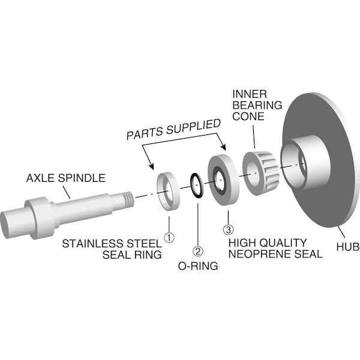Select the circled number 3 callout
tap(227, 229)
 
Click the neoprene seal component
tap(223, 180)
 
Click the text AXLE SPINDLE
tap(66, 178)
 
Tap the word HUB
tap(344, 246)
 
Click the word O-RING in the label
tap(197, 265)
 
